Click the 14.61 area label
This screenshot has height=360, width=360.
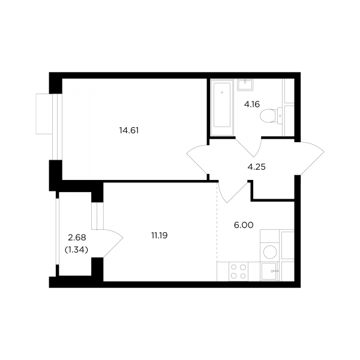coord(129,131)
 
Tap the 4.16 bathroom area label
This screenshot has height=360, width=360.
coord(252,104)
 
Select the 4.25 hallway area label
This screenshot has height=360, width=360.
coord(256,167)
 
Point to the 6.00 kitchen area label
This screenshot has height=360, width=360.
coord(244,225)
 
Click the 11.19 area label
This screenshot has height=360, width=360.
coord(160,236)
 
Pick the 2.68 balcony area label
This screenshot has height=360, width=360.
coord(77,238)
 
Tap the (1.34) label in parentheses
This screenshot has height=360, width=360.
coord(77,250)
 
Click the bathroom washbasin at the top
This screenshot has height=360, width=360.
coord(245,85)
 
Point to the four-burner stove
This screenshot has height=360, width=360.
coord(239,271)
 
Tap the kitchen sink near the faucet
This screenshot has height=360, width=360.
coord(269,271)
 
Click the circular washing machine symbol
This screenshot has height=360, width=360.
coord(270,252)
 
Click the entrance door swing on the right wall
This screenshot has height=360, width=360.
coord(309,158)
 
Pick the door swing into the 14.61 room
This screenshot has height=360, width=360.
coord(197,159)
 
